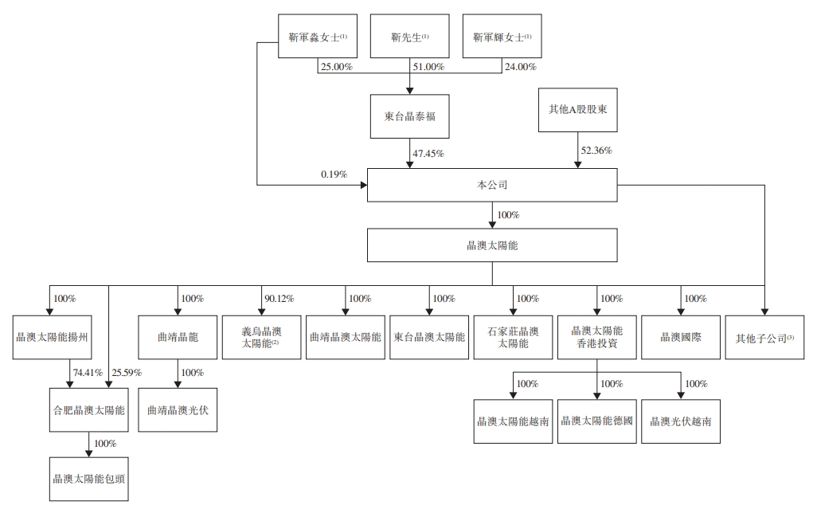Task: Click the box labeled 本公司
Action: tap(491, 186)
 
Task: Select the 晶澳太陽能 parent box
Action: tap(491, 245)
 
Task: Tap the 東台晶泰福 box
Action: tap(410, 116)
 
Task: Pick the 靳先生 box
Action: tap(410, 37)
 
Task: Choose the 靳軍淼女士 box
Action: tap(316, 37)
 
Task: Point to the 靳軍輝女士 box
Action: tap(502, 37)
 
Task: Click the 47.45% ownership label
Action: tap(428, 151)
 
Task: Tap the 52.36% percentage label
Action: tap(596, 151)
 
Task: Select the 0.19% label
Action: tap(333, 174)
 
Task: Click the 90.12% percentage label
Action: tap(279, 299)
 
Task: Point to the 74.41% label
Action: tap(87, 372)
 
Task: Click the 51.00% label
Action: tap(428, 67)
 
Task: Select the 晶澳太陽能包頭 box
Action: tap(89, 480)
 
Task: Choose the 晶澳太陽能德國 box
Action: tap(596, 421)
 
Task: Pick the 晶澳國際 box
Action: tap(681, 337)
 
